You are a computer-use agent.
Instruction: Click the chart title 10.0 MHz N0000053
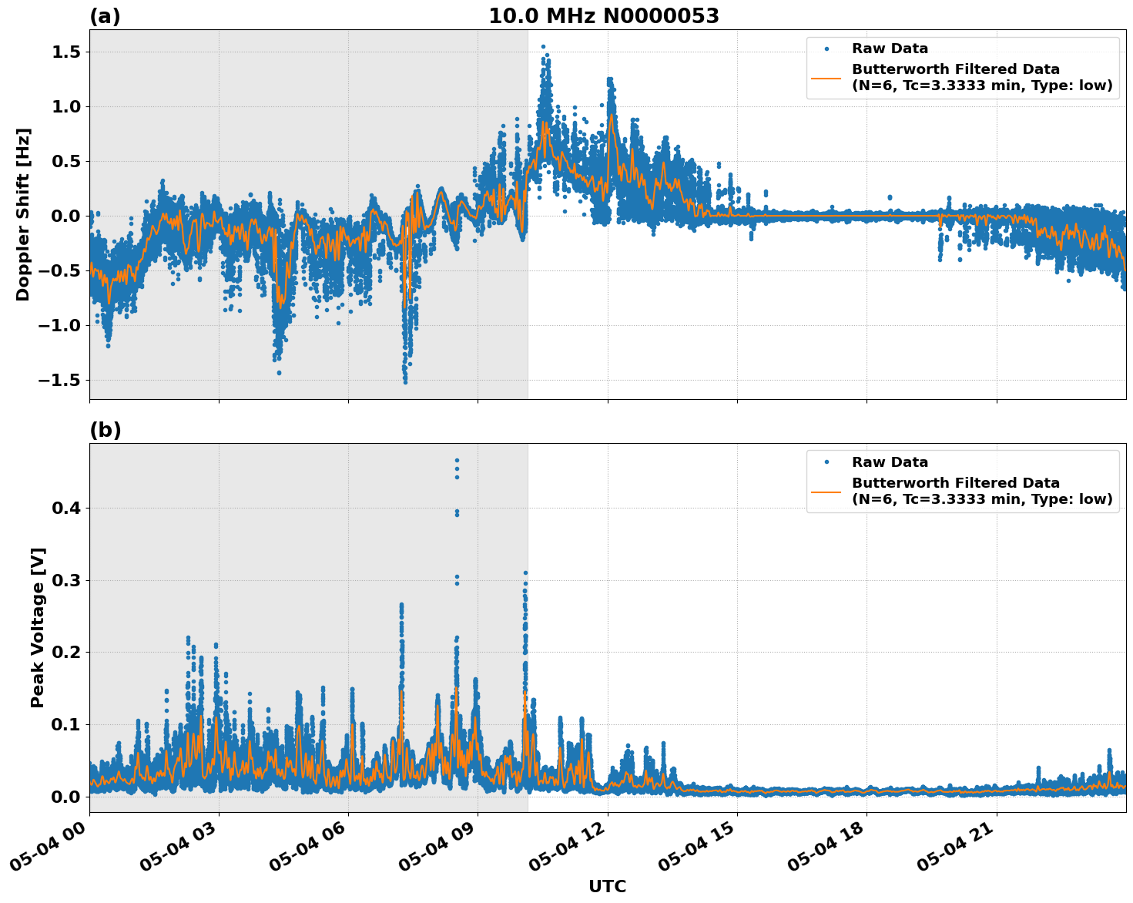(603, 16)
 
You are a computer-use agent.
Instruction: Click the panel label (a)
(105, 16)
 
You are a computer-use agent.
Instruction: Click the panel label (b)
(105, 430)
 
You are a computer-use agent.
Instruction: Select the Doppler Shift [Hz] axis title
(23, 214)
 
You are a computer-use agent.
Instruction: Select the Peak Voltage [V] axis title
(38, 627)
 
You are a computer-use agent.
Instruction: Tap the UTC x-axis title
(607, 886)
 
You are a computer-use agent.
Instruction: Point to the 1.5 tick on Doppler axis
(65, 52)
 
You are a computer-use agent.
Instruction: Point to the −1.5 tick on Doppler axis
(60, 381)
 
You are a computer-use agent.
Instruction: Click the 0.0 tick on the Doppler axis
(65, 217)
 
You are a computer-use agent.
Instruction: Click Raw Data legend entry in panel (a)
(890, 49)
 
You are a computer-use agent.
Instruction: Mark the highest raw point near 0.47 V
(457, 460)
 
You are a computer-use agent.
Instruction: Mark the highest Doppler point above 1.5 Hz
(543, 47)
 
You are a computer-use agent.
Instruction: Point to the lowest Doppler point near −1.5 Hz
(405, 381)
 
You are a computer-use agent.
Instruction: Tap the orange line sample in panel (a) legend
(826, 77)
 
